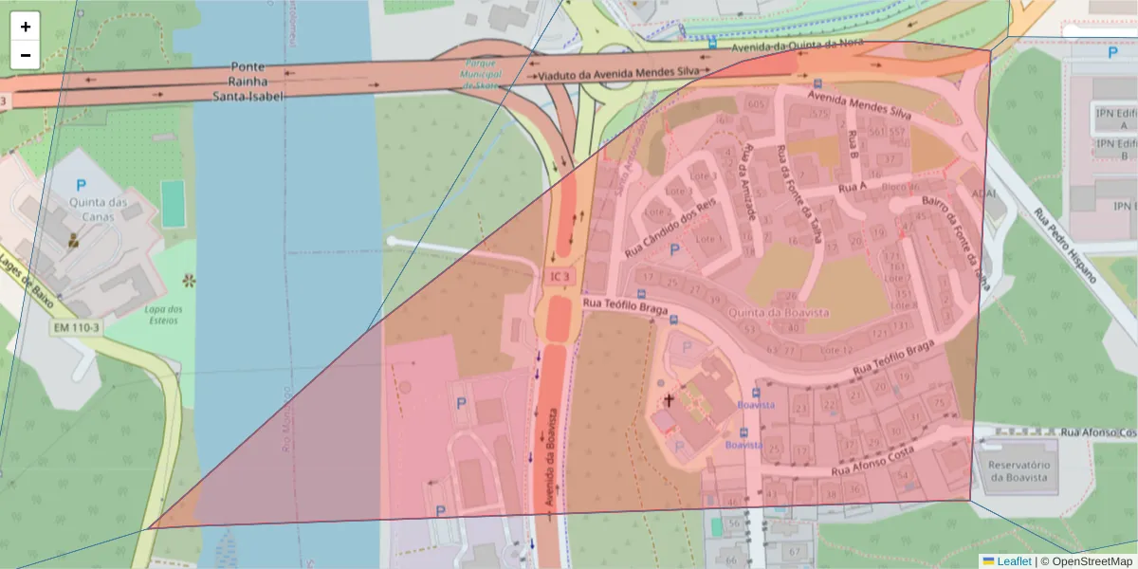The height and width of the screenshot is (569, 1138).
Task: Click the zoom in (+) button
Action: [26, 27]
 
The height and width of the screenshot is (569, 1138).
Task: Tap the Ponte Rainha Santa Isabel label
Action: [248, 82]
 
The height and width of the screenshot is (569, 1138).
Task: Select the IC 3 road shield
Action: [560, 277]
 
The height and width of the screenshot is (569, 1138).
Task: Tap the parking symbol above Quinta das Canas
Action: [81, 186]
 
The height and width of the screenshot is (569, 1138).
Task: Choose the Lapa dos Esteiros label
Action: [163, 314]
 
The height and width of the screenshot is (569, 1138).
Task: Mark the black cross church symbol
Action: [669, 400]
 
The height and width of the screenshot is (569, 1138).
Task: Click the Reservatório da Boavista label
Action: [1019, 471]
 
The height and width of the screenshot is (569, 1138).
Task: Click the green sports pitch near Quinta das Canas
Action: [173, 203]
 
